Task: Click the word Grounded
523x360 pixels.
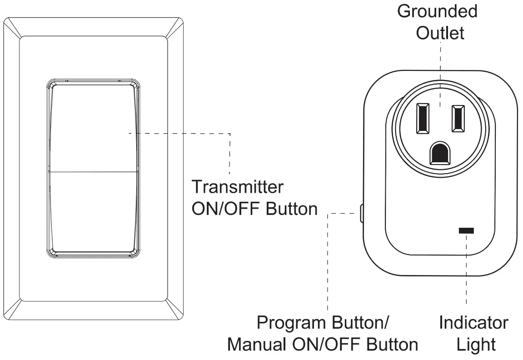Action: (x=437, y=12)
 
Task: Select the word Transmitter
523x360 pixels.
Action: (x=237, y=187)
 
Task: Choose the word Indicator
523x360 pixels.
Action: (x=473, y=323)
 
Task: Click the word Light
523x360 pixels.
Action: (x=475, y=344)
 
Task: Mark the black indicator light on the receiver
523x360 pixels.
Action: (x=466, y=231)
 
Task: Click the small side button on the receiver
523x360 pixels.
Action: (x=361, y=213)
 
